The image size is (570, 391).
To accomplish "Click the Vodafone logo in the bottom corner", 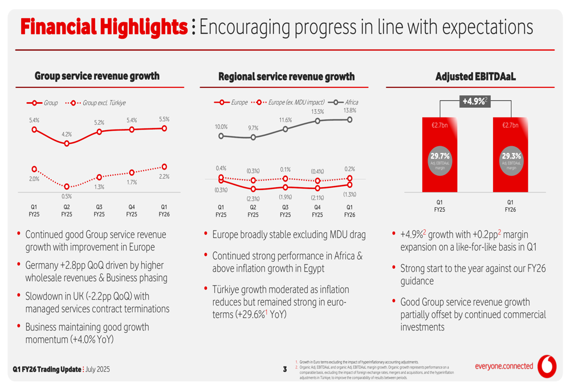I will (548, 368).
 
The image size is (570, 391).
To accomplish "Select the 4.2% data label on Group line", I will (67, 134).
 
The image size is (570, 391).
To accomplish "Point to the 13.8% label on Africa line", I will (350, 110).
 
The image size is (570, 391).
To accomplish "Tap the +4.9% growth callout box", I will (474, 101).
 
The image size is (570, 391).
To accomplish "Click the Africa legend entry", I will (343, 103).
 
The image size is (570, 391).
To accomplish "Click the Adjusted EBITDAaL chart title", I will (475, 76).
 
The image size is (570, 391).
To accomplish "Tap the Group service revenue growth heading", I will (97, 76).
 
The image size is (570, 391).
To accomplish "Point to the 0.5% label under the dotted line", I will (67, 196).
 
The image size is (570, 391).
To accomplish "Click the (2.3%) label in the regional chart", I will (253, 198).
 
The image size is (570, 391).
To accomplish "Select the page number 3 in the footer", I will (284, 370).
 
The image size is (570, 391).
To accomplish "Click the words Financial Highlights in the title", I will (104, 26).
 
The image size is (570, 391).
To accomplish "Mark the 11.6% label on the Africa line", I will (285, 120).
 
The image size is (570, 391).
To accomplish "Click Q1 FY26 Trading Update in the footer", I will (47, 370).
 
